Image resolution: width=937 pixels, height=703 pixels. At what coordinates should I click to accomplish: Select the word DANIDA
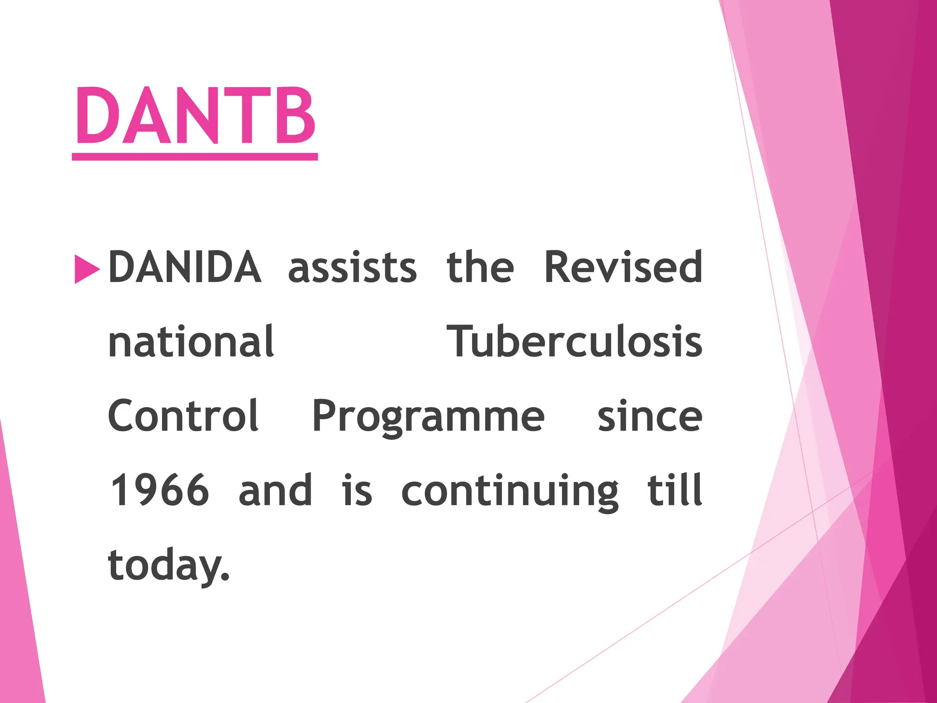tap(184, 267)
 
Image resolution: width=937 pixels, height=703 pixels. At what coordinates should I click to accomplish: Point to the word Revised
tap(623, 267)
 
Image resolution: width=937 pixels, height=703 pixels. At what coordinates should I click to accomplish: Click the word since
tap(650, 416)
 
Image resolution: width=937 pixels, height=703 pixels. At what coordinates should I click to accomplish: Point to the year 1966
tap(160, 491)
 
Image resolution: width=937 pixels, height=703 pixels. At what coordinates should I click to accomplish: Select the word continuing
tap(510, 492)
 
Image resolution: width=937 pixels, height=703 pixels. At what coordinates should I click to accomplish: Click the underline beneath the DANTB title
tap(195, 157)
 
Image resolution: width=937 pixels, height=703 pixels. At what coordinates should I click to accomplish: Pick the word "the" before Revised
tap(480, 267)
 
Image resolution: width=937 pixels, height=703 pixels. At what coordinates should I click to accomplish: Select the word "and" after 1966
tap(275, 491)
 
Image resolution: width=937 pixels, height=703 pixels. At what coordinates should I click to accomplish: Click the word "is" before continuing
tap(357, 491)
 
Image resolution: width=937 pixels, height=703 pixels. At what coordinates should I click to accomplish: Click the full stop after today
tap(224, 577)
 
